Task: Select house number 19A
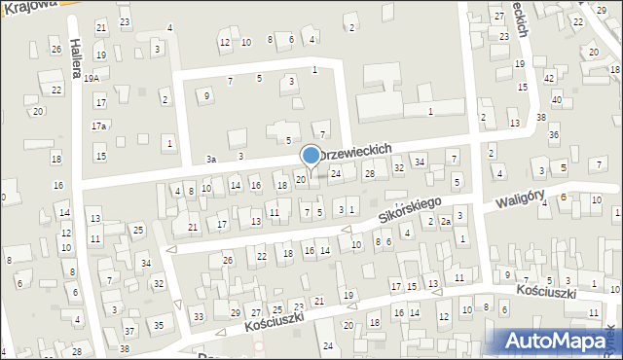click(92, 78)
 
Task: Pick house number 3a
click(210, 159)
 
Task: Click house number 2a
click(445, 222)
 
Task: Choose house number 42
click(549, 78)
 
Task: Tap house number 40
click(556, 100)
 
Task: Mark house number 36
click(553, 134)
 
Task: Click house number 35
click(157, 324)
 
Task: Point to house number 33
click(198, 317)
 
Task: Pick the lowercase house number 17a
click(99, 126)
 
